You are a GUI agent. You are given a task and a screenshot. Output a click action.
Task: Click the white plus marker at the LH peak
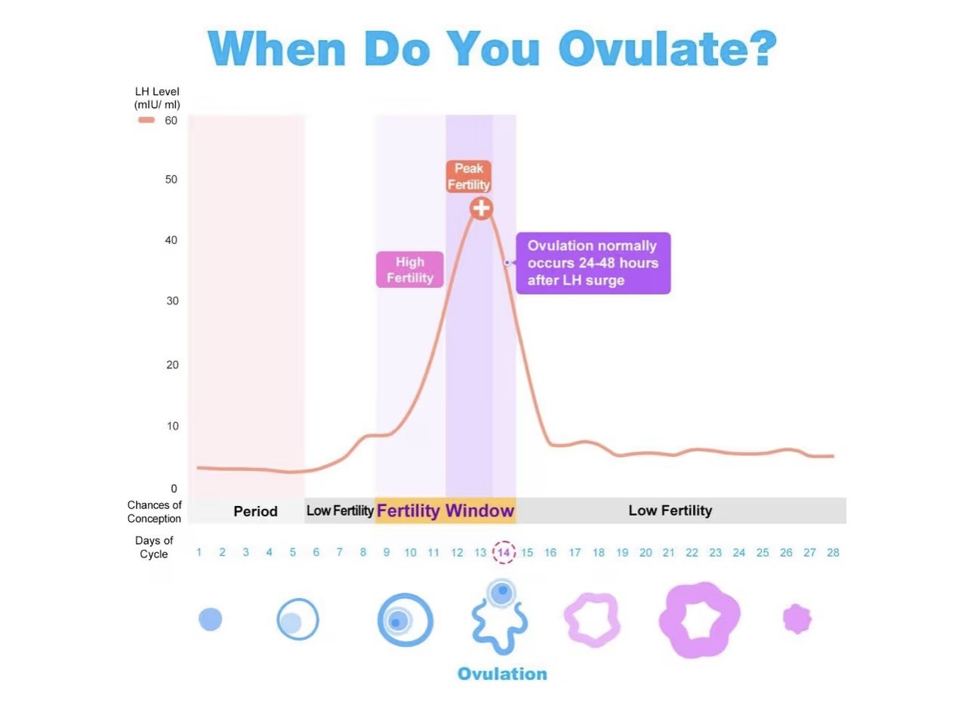[481, 208]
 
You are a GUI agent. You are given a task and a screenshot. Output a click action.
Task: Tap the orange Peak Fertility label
[468, 177]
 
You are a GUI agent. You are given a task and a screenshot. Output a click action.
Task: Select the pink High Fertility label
[410, 270]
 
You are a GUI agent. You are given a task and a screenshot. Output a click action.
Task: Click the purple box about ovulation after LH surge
[593, 263]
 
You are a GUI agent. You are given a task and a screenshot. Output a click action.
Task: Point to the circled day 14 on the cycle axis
[504, 552]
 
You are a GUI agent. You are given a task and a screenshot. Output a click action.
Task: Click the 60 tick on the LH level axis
[171, 121]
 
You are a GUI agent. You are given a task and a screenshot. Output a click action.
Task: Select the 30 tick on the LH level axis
[172, 301]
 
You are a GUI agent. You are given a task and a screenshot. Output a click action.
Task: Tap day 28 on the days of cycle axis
[833, 553]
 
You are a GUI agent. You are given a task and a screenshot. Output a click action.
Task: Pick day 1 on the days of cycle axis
[199, 553]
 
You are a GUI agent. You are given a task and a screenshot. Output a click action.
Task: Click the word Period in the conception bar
[255, 511]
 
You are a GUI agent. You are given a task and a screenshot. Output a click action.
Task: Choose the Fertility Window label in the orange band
[445, 511]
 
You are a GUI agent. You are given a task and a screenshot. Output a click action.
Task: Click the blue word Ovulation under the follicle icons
[502, 674]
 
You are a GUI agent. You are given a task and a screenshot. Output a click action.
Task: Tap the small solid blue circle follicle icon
[210, 619]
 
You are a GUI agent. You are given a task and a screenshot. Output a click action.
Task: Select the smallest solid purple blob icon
[797, 619]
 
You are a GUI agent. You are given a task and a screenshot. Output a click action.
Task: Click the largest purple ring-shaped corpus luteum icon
[699, 619]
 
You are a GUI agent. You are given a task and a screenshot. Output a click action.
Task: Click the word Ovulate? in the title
[667, 49]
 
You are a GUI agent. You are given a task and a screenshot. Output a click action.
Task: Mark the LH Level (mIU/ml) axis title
[157, 98]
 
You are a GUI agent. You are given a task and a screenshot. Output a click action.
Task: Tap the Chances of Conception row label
[154, 511]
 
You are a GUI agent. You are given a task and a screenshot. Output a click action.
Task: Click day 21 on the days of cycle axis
[668, 553]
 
